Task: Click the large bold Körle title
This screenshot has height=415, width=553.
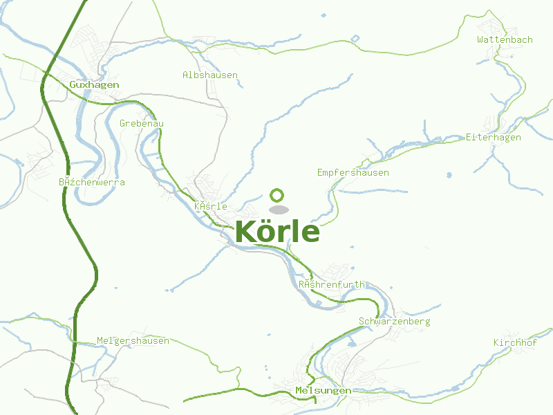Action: click(277, 232)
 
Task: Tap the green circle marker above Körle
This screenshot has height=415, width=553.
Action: click(277, 195)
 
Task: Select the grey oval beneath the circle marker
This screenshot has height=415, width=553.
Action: click(278, 210)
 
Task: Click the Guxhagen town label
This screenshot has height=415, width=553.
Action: click(94, 84)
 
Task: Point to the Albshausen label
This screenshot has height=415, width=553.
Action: click(210, 75)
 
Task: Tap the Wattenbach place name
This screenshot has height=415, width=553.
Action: click(505, 39)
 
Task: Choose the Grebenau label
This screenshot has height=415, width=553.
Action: click(142, 123)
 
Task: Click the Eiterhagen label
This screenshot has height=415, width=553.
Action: click(494, 138)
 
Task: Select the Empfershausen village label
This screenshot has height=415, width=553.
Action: click(353, 172)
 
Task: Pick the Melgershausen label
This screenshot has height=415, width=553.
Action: click(133, 341)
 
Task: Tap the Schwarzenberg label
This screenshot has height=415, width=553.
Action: click(395, 322)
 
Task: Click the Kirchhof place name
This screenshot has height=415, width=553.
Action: click(515, 343)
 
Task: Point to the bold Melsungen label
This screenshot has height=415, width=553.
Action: click(323, 391)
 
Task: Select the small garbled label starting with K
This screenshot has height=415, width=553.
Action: click(211, 206)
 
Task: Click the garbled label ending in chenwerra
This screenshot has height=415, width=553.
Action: click(92, 182)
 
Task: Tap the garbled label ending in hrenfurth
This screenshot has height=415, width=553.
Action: click(331, 284)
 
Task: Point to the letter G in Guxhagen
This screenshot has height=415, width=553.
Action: click(73, 84)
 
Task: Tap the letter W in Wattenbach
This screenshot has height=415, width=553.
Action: click(480, 39)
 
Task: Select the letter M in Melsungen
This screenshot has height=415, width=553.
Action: click(299, 391)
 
